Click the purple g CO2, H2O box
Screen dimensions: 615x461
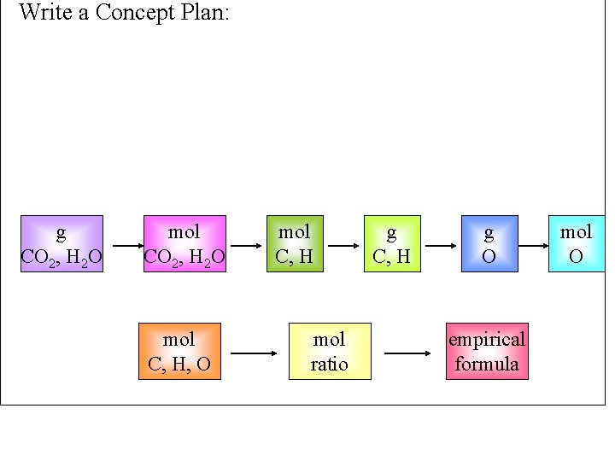coord(62,243)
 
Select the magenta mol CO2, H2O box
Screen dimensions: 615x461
coord(184,243)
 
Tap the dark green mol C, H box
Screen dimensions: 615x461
coord(295,243)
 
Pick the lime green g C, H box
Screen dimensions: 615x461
coord(392,243)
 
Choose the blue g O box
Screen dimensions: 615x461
coord(489,243)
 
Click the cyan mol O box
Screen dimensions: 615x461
coord(577,243)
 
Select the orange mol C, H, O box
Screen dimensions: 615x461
coord(179,351)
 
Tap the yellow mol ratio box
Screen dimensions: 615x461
coord(330,351)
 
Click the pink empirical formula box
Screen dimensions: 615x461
coord(487,351)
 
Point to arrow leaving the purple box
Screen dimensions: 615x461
coord(128,246)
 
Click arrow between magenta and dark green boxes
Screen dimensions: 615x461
coord(246,246)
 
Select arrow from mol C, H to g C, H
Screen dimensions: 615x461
coord(343,246)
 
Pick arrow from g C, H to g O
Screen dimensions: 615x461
coord(441,246)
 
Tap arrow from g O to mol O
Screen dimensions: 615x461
coord(533,246)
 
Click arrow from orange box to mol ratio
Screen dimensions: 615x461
coord(254,353)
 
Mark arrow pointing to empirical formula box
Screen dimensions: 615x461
coord(407,353)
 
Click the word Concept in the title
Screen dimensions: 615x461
coord(135,13)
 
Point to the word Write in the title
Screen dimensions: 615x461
coord(45,12)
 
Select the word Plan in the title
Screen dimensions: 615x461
coord(205,12)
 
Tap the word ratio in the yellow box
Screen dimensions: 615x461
coord(329,365)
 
